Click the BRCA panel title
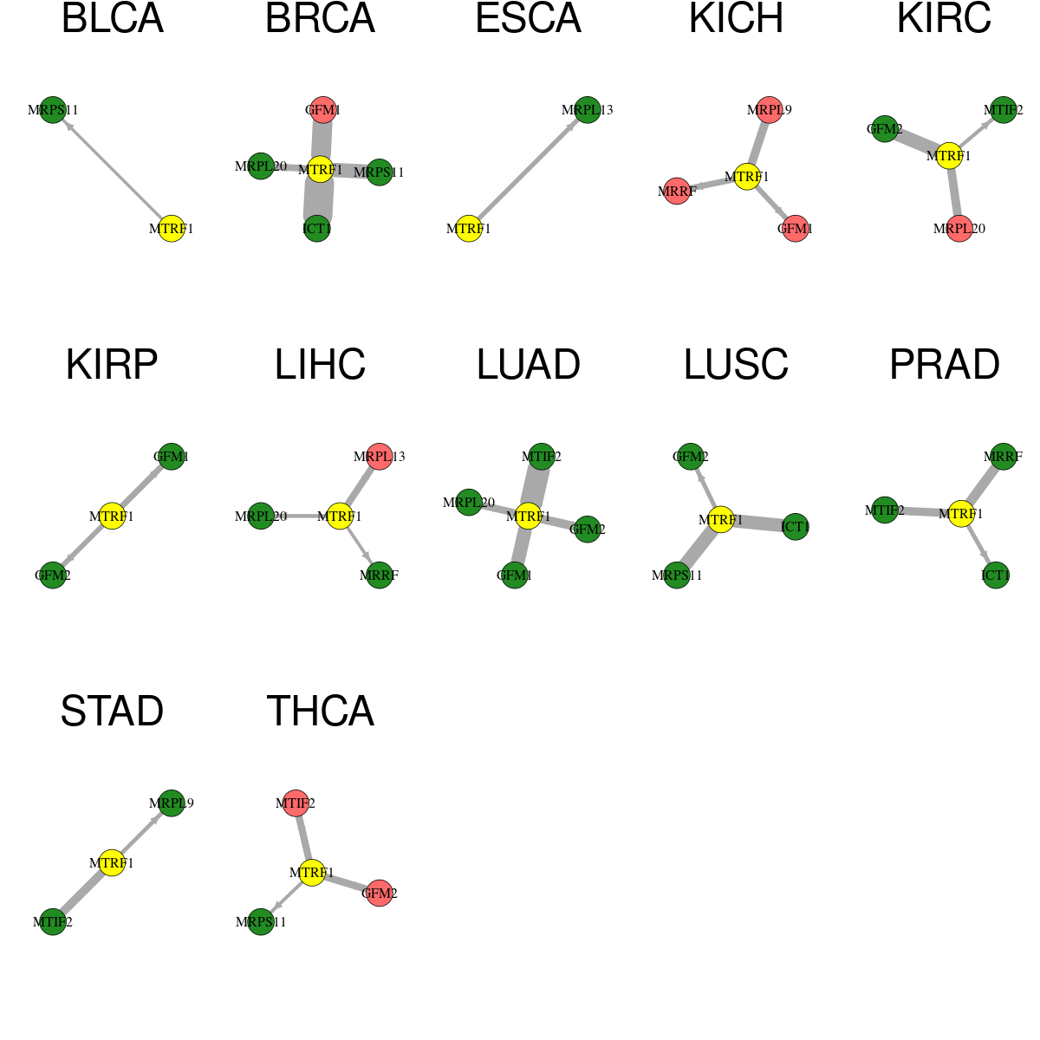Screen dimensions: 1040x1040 click(320, 18)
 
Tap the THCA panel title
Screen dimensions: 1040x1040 click(320, 711)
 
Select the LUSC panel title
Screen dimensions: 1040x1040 click(736, 364)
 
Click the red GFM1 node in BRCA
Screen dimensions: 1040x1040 click(322, 109)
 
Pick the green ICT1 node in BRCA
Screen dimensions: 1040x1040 click(317, 228)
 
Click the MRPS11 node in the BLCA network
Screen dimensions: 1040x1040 click(53, 109)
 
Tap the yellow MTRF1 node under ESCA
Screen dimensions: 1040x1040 click(469, 228)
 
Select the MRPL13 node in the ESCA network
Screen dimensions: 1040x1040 click(588, 109)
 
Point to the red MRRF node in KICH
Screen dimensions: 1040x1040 click(677, 191)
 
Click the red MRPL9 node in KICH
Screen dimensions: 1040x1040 click(769, 109)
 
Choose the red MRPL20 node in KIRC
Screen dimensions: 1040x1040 click(959, 228)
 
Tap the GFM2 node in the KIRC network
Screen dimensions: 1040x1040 click(885, 129)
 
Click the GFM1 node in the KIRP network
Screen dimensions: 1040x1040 click(171, 457)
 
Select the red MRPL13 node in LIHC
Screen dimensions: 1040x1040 click(379, 457)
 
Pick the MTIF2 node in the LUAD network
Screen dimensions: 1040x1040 click(542, 457)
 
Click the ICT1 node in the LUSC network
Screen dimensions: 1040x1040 click(795, 526)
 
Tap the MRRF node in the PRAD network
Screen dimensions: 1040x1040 click(1003, 457)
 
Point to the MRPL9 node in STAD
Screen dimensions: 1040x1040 click(171, 803)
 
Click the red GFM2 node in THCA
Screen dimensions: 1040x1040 click(379, 893)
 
